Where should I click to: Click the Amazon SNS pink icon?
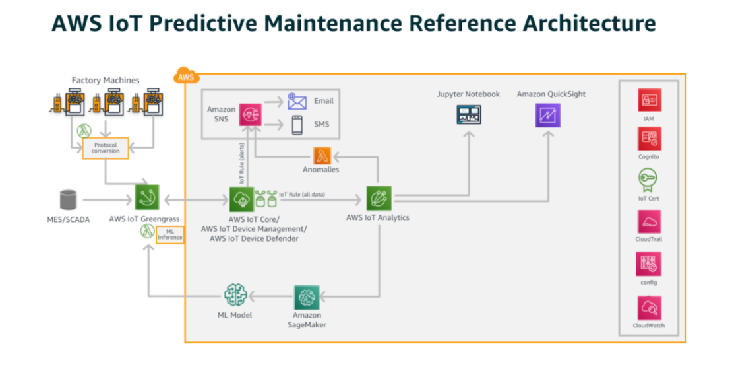click(251, 114)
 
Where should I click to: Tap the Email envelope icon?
click(297, 101)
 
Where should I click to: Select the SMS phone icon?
click(297, 124)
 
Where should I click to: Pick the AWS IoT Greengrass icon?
click(147, 197)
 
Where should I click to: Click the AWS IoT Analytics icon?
click(379, 197)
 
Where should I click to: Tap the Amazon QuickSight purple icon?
click(547, 115)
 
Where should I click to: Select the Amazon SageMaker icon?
click(307, 297)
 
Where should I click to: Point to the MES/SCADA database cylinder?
click(68, 198)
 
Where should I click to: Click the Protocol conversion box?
click(106, 148)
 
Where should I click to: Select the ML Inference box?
click(169, 234)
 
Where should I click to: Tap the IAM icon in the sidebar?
click(649, 101)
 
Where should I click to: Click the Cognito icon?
click(649, 139)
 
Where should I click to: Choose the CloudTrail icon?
click(649, 222)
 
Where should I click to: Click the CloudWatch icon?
click(649, 307)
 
